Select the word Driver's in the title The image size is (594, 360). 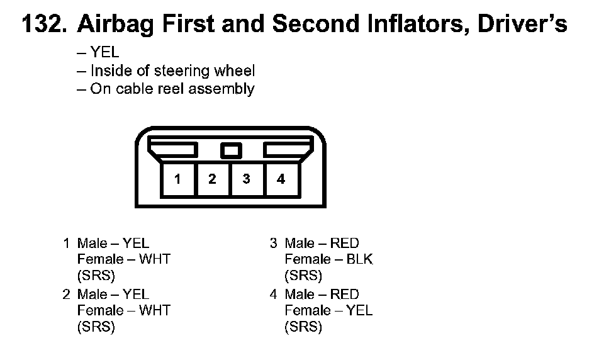point(522,23)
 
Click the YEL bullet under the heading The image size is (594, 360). point(104,52)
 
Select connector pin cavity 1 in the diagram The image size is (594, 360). point(177,179)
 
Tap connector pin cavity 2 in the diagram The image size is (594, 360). point(212,179)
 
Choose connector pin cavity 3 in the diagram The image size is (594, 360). point(247,179)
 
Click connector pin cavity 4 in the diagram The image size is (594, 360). point(281,179)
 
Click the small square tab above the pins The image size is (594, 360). point(231,151)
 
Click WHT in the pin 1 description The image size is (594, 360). point(155,259)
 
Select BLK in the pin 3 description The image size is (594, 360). point(359,259)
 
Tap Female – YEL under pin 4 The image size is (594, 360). point(328,310)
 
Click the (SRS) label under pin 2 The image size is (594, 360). point(96,327)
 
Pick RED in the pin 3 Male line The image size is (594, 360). point(344,243)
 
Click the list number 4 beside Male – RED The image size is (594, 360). point(274,295)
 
